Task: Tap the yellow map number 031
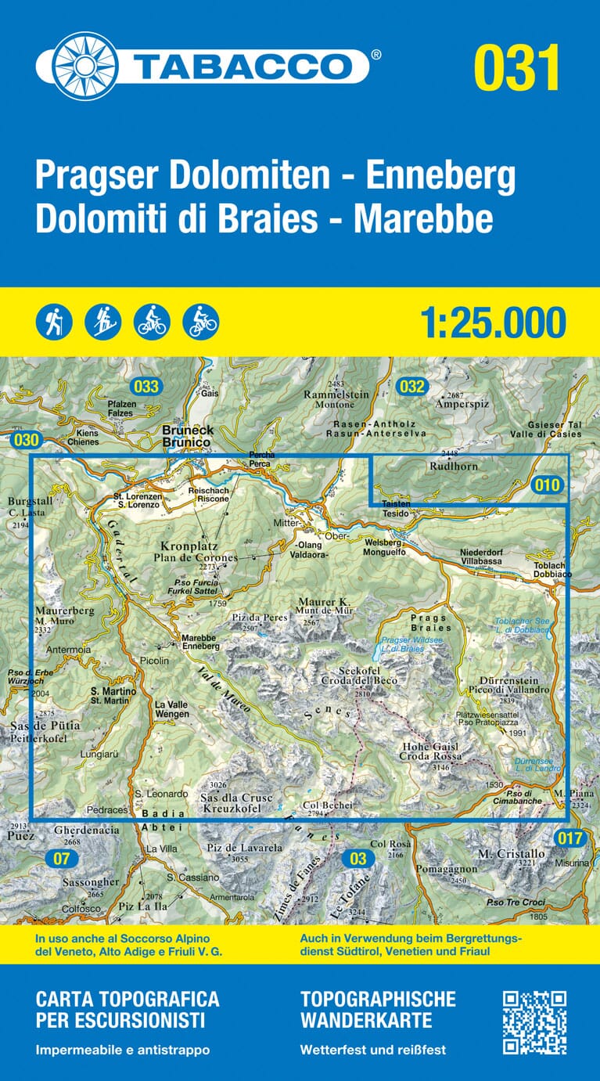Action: pos(516,67)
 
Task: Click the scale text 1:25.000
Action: pos(493,322)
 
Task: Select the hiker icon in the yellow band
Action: pos(54,322)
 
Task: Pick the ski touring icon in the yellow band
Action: pos(102,322)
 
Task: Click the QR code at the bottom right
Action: pos(534,1022)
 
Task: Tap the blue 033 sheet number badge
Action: pos(146,386)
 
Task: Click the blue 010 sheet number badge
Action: pos(548,485)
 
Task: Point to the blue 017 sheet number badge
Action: pos(571,839)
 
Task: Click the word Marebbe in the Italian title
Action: pos(423,220)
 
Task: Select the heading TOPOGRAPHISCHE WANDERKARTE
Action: pos(377,1009)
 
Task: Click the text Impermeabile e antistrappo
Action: pos(123,1050)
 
